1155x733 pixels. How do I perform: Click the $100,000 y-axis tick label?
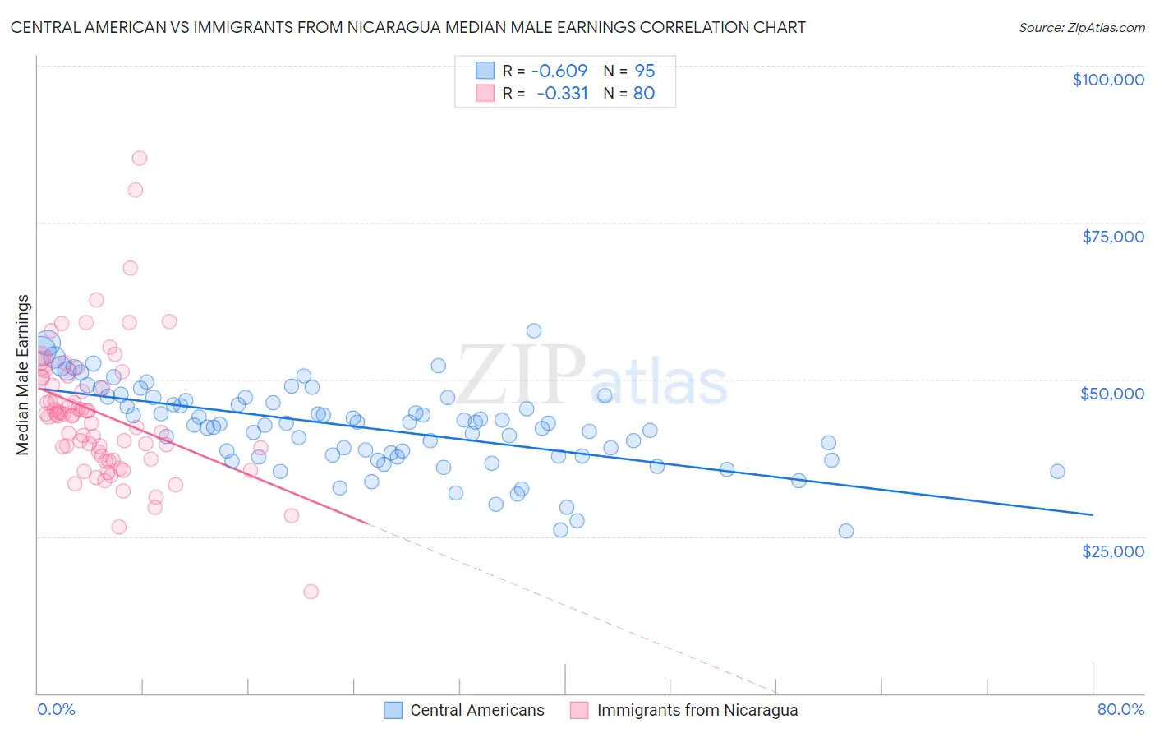click(1108, 80)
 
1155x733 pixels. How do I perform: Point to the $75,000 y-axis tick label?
click(1113, 237)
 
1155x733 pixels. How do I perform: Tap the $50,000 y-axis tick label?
click(1112, 394)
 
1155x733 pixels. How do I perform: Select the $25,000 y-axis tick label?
click(1113, 551)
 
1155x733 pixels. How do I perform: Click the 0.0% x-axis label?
click(57, 709)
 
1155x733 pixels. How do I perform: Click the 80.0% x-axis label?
click(1120, 709)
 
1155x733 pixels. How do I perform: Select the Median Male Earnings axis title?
click(23, 375)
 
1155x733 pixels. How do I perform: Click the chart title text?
click(407, 27)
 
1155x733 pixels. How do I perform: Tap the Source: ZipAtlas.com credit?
click(1081, 27)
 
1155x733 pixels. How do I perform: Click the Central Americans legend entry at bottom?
click(476, 710)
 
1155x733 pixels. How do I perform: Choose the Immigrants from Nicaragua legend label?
click(697, 710)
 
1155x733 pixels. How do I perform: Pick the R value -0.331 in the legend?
click(562, 93)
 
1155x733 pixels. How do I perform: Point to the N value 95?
click(645, 71)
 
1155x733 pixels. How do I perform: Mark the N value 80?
click(644, 93)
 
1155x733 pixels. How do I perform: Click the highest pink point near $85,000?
click(140, 158)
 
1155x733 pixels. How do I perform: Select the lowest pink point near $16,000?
click(311, 592)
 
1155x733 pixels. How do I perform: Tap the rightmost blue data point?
click(1057, 472)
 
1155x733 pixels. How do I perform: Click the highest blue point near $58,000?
click(534, 330)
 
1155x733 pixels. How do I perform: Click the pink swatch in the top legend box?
click(485, 93)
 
